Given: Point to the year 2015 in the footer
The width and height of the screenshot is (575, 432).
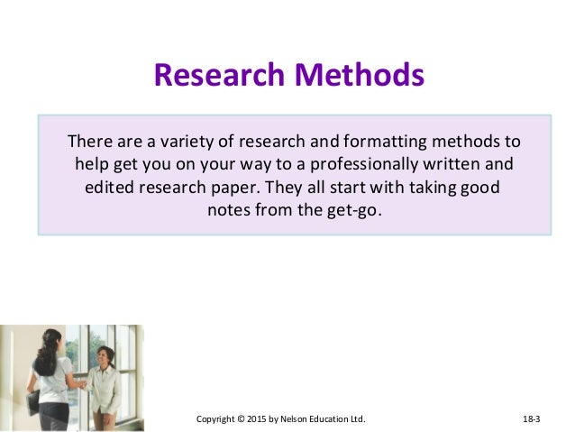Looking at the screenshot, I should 260,419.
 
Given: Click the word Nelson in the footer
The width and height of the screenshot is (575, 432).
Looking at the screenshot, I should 298,419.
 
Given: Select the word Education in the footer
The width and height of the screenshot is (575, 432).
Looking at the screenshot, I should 334,419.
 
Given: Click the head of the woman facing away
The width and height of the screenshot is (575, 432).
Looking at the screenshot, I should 50,344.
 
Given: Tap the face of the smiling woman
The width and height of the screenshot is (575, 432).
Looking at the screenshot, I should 101,358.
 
